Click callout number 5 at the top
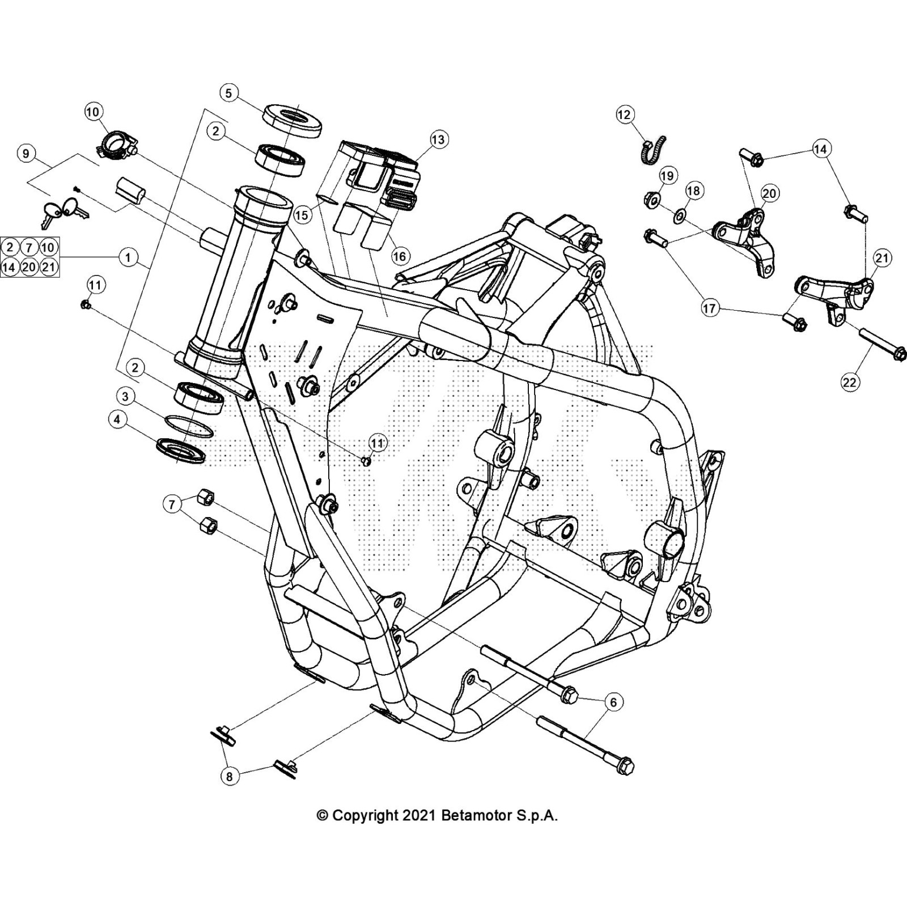pyautogui.click(x=228, y=93)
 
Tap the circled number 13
pyautogui.click(x=439, y=139)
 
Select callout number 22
pyautogui.click(x=849, y=382)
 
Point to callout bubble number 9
pyautogui.click(x=26, y=154)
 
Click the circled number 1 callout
pyautogui.click(x=128, y=257)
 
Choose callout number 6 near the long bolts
pyautogui.click(x=613, y=702)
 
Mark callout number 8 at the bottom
pyautogui.click(x=229, y=776)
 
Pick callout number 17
pyautogui.click(x=709, y=309)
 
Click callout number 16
pyautogui.click(x=400, y=256)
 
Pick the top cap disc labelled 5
pyautogui.click(x=292, y=120)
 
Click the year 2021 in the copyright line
pyautogui.click(x=419, y=816)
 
